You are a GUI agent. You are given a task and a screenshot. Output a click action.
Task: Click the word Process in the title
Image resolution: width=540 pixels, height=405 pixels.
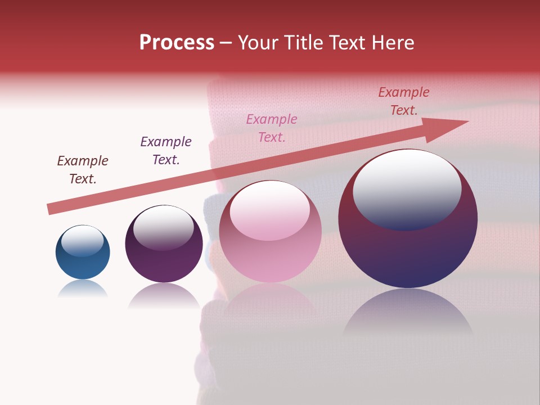(177, 43)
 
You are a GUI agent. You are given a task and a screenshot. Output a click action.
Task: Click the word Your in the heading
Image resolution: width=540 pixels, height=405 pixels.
(258, 43)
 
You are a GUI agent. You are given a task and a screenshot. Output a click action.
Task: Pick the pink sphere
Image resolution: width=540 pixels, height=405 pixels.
(270, 231)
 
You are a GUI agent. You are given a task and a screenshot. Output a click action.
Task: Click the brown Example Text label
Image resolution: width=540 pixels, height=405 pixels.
(83, 169)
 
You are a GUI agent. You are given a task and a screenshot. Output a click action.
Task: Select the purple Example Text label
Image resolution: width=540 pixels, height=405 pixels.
(166, 150)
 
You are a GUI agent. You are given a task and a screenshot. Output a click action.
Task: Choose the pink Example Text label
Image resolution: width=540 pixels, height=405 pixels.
(272, 128)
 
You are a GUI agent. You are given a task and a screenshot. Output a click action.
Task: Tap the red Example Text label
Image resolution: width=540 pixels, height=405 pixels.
(404, 101)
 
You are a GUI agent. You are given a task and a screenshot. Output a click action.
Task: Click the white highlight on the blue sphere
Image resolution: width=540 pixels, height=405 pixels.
(82, 240)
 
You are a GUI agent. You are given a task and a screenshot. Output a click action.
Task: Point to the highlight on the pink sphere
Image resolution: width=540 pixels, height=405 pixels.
(269, 210)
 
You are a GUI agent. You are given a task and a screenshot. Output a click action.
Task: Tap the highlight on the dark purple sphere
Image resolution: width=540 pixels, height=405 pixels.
(164, 227)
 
